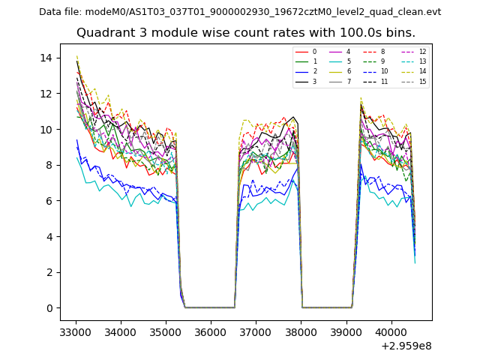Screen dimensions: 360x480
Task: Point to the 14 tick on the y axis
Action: click(46, 58)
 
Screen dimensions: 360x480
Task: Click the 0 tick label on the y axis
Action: click(49, 308)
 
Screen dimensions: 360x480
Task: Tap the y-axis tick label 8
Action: click(49, 165)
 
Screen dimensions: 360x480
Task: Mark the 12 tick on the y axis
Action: click(46, 94)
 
